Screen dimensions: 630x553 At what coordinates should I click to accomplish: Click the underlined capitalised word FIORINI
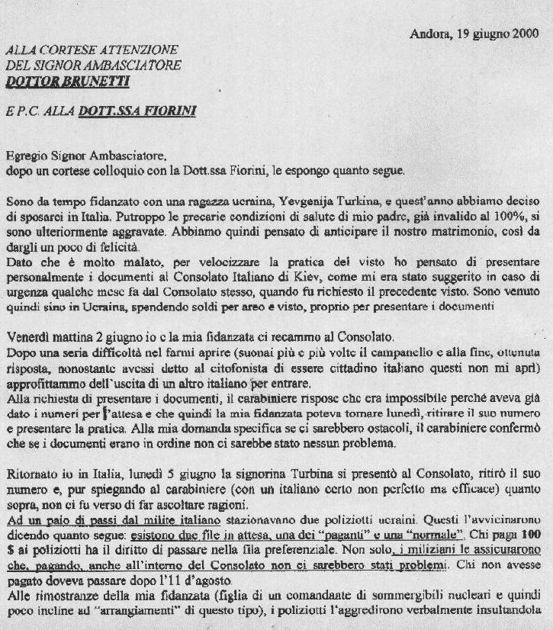coord(166,111)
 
